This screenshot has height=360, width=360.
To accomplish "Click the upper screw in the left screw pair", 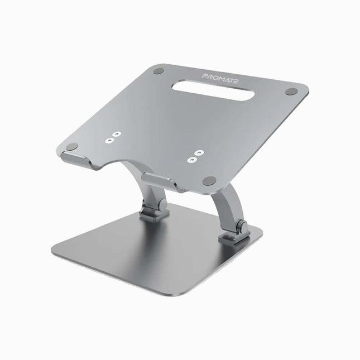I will tap(117, 135).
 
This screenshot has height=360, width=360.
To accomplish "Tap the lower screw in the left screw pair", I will tap(111, 141).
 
